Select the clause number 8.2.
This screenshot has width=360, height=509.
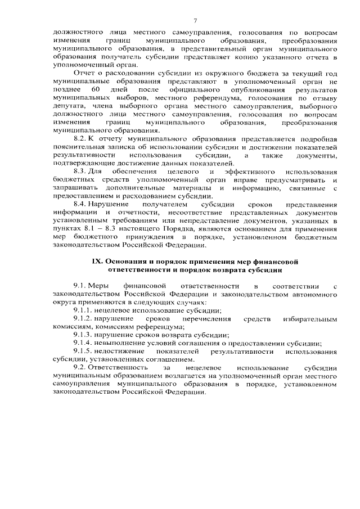tap(80, 138)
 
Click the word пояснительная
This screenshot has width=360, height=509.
tap(76, 147)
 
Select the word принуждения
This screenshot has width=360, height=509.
tap(141, 237)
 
